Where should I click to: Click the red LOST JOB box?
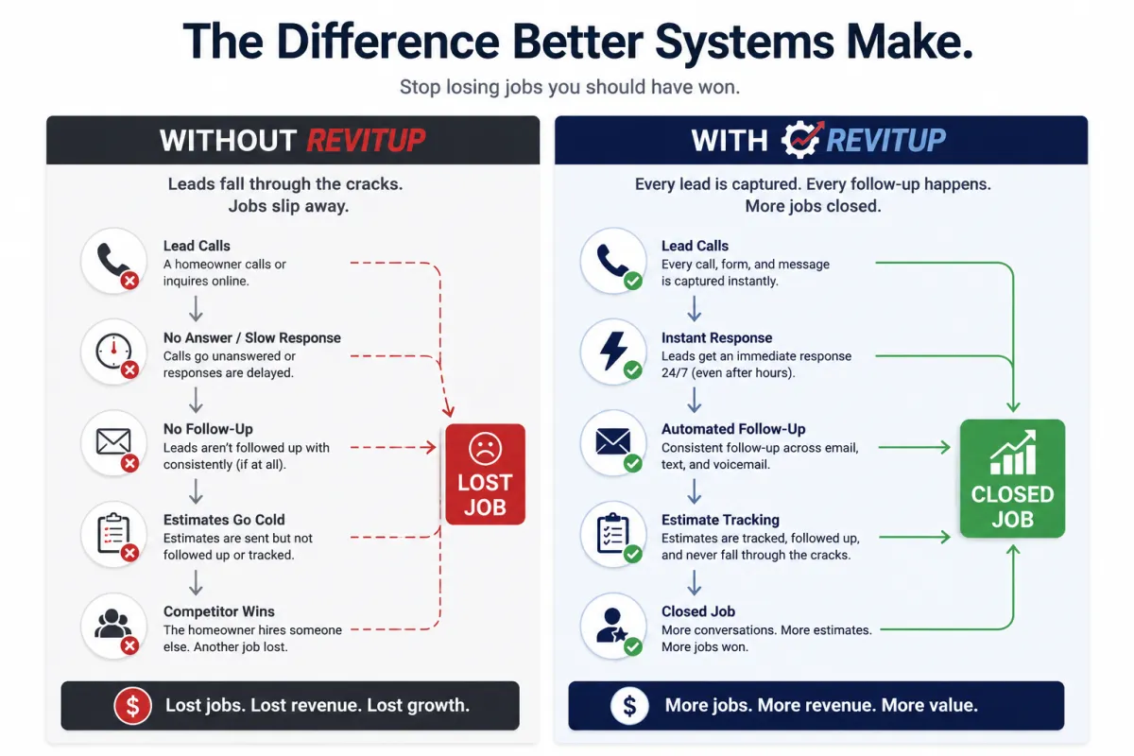pyautogui.click(x=485, y=474)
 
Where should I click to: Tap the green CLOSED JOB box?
pyautogui.click(x=1012, y=478)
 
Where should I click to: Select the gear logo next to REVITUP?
pyautogui.click(x=802, y=139)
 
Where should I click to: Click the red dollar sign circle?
pyautogui.click(x=132, y=705)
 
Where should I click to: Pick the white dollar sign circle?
pyautogui.click(x=629, y=705)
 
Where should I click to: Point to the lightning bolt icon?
pyautogui.click(x=612, y=351)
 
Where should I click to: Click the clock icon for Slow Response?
pyautogui.click(x=113, y=351)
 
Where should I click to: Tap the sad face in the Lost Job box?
pyautogui.click(x=485, y=448)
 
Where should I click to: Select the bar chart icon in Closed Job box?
pyautogui.click(x=1012, y=452)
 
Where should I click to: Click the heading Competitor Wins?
pyautogui.click(x=218, y=611)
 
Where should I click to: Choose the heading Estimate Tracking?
pyautogui.click(x=720, y=520)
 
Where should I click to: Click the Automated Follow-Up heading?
pyautogui.click(x=733, y=429)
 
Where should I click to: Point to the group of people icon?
pyautogui.click(x=112, y=624)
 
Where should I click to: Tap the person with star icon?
pyautogui.click(x=611, y=625)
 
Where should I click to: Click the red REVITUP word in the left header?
pyautogui.click(x=366, y=140)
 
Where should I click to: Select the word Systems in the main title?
pyautogui.click(x=745, y=42)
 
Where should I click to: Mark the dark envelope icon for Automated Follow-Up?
pyautogui.click(x=613, y=441)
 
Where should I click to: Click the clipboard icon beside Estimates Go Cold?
pyautogui.click(x=113, y=533)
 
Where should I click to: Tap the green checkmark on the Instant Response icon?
pyautogui.click(x=633, y=370)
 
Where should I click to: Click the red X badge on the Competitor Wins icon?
pyautogui.click(x=130, y=645)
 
